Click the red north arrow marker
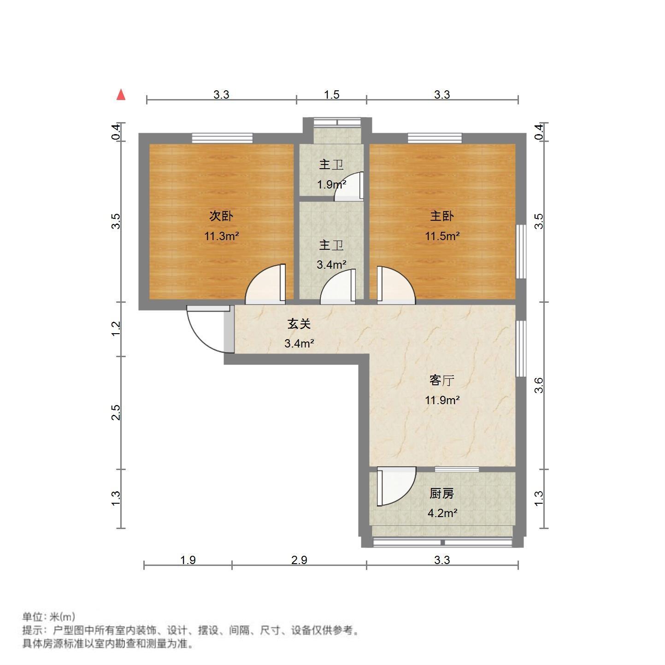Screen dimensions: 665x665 121,95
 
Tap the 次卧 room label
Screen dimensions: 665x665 221,216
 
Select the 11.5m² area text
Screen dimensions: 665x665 442,236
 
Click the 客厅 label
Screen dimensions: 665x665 442,380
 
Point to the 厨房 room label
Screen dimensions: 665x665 442,494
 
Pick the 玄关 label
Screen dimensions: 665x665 299,324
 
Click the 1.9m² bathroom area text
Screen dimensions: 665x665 331,185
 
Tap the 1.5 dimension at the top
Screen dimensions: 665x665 331,95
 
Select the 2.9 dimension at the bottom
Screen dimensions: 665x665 299,560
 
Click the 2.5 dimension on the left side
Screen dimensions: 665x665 116,412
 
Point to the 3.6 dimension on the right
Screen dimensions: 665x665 539,385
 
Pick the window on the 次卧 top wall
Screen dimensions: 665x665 222,137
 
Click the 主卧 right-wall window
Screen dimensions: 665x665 521,251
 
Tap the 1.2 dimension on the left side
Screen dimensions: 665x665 116,329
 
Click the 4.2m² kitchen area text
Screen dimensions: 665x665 442,513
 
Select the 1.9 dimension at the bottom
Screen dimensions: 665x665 188,560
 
